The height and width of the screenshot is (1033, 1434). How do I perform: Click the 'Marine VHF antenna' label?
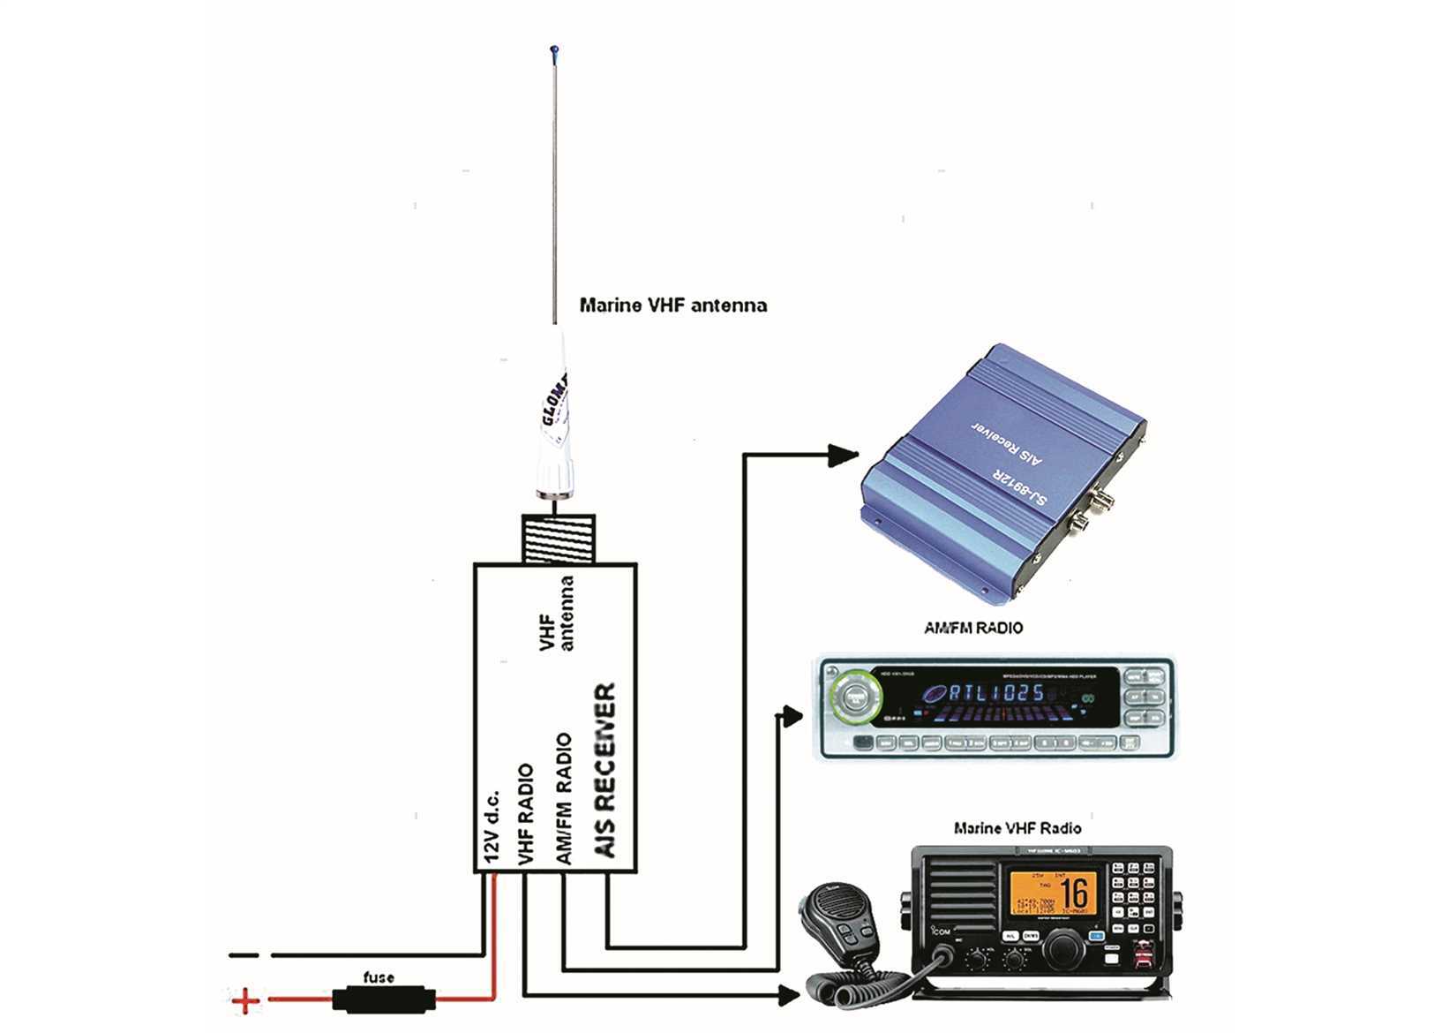point(672,305)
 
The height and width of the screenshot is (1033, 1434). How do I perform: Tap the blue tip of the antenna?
point(553,49)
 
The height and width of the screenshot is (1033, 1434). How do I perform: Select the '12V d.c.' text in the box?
point(492,825)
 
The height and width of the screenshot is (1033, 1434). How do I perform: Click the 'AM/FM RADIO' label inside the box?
point(564,798)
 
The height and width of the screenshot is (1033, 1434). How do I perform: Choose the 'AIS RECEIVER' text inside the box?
point(604,770)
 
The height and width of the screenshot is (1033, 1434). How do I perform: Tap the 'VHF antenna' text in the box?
point(557,615)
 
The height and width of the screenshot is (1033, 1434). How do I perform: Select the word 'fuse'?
point(379,977)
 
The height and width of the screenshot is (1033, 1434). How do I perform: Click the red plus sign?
point(245,1000)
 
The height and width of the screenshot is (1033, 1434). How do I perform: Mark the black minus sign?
point(243,954)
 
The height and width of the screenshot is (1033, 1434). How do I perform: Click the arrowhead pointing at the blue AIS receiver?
point(844,456)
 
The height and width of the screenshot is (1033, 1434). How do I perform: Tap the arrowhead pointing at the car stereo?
point(791,715)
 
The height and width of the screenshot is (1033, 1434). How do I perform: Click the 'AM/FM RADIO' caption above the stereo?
point(972,629)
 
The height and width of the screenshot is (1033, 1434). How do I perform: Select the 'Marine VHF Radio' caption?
point(1017,828)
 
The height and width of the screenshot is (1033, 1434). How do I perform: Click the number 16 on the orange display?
point(1074,894)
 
